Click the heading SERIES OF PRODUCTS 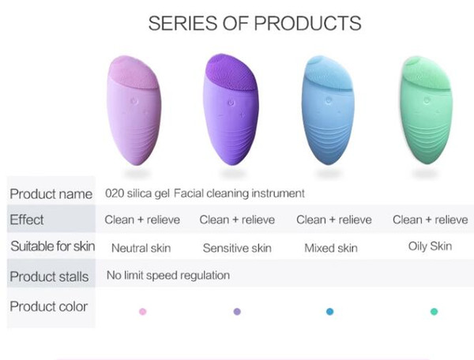point(254,23)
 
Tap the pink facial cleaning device point(134,111)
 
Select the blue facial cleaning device point(328,110)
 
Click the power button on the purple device point(231,103)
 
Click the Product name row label point(51,194)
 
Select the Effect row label point(27,219)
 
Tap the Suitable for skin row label point(53,246)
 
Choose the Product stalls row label point(49,276)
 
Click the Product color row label point(49,306)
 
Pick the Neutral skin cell point(141,248)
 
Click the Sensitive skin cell point(237,248)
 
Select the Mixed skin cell point(331,248)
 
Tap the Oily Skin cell point(431,246)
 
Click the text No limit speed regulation point(168,276)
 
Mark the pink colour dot point(143,311)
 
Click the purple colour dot point(237,311)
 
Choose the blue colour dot point(329,311)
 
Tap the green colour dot point(434,311)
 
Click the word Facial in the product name point(188,193)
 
